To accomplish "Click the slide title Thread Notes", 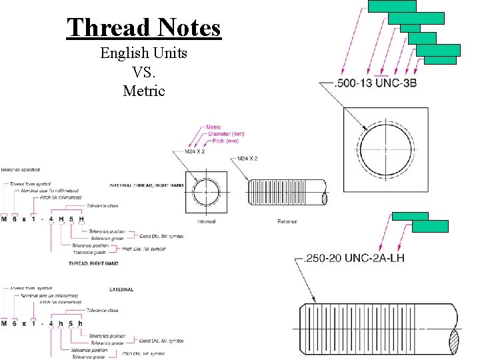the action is pos(143,27).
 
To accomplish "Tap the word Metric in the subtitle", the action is pos(143,91).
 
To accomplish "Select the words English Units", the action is pos(143,53).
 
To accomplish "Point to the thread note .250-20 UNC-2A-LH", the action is pos(353,257).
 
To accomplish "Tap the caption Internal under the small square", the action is pos(207,221).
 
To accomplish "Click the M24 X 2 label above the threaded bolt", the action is pos(247,159).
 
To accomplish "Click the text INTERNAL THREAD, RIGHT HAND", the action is pos(147,185).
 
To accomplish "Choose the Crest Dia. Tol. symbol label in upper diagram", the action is pos(161,235).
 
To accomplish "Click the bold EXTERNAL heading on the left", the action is pos(121,289).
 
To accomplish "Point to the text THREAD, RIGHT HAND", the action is pos(93,263).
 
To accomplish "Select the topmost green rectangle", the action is pos(392,6).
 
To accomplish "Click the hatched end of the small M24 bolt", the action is pos(325,198).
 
